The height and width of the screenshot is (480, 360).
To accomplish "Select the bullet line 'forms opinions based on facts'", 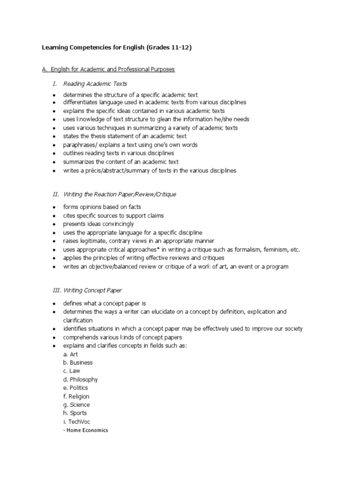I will coord(102,207).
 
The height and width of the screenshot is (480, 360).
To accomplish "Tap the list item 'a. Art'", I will coord(71,354).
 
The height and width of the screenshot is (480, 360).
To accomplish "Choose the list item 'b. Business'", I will coord(78,363).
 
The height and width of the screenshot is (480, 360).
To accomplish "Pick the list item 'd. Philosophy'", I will coord(80,380).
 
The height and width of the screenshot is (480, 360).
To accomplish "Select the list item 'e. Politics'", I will coord(75,388).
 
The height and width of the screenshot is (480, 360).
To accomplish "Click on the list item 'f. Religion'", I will coord(76,397).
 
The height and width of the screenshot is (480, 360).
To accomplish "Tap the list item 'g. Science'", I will coord(76,405).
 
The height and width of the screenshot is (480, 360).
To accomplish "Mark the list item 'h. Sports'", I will coord(75,413).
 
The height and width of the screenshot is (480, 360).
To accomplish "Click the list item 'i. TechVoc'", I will coord(77,422).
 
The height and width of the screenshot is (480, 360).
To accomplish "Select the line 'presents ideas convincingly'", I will coord(98,224).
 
